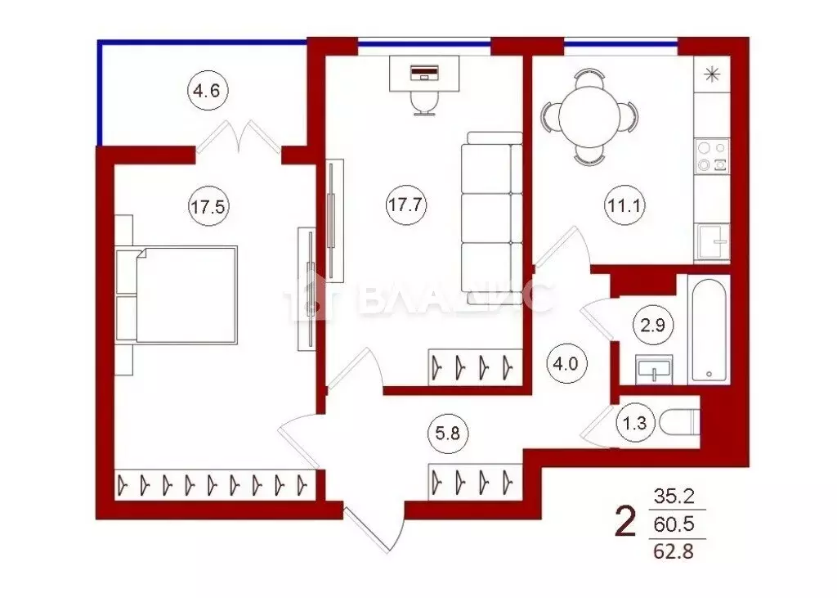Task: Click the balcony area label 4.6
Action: click(207, 92)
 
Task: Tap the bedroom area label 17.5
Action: click(207, 206)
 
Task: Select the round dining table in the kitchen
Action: click(589, 118)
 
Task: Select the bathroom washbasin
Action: click(654, 369)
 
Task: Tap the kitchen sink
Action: click(711, 241)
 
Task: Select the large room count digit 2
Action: click(625, 521)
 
